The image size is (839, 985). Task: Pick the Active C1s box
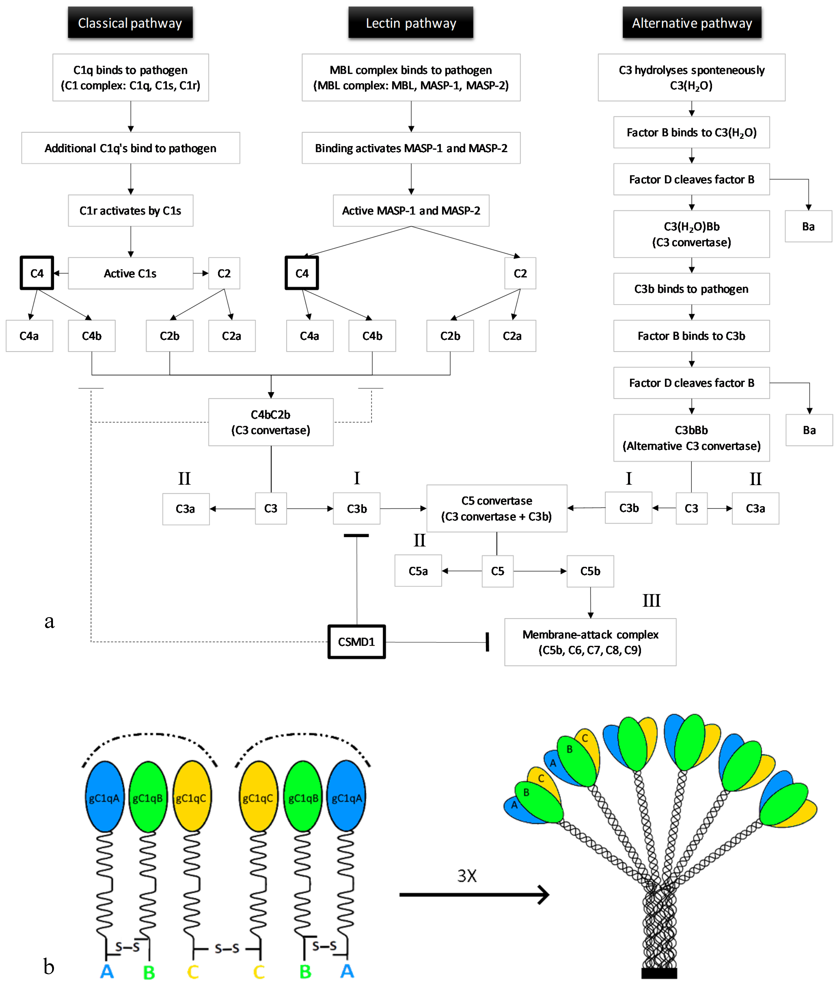pyautogui.click(x=130, y=273)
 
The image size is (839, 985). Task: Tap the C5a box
pyautogui.click(x=418, y=571)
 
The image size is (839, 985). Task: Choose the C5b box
pyautogui.click(x=590, y=571)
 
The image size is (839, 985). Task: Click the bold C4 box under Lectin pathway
pyautogui.click(x=302, y=273)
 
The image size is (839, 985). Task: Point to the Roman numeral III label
pyautogui.click(x=651, y=600)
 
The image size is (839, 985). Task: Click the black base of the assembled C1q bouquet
pyautogui.click(x=659, y=973)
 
